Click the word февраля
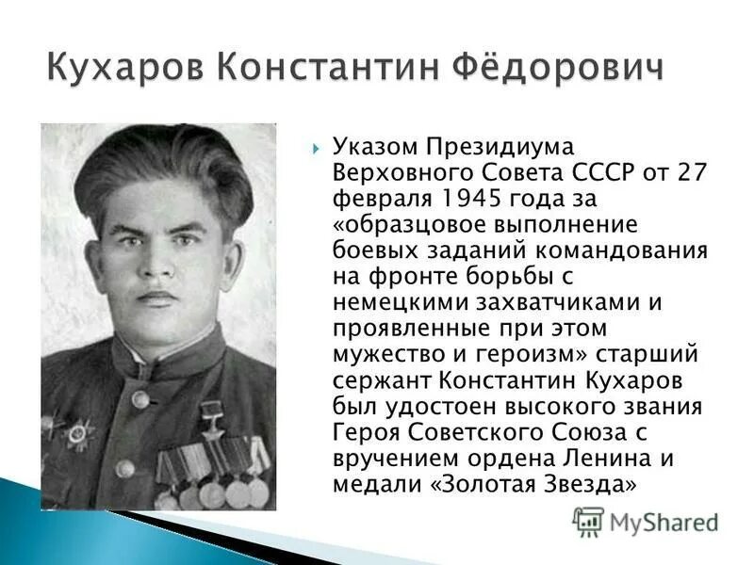[x=371, y=199]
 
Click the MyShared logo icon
[x=589, y=522]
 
